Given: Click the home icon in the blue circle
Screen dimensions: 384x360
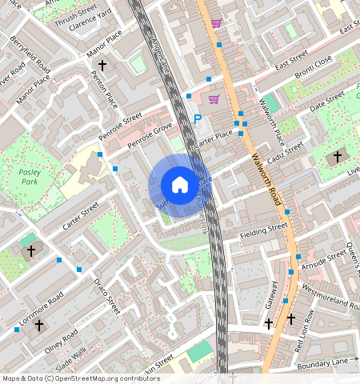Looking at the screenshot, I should point(180,185).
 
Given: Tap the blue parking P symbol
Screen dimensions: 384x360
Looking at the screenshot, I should point(198,119).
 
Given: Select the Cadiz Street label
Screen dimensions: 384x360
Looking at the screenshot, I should point(286,153).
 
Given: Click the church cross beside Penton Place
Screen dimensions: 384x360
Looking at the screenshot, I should point(102,65).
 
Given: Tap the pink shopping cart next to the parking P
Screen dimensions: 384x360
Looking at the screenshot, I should point(214,99).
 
